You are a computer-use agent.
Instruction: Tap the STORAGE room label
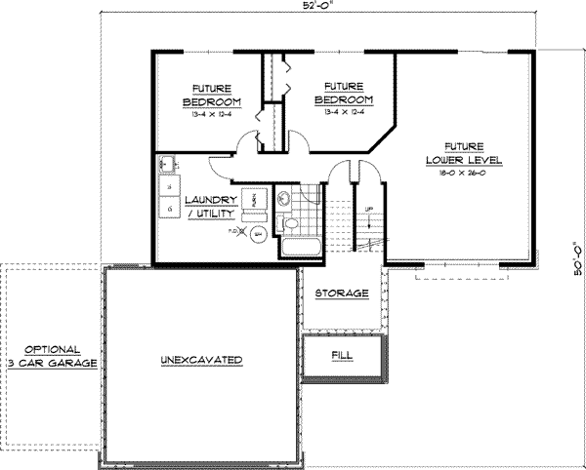pyautogui.click(x=342, y=293)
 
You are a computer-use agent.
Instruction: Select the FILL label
pyautogui.click(x=342, y=356)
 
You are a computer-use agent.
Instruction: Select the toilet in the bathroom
pyautogui.click(x=290, y=226)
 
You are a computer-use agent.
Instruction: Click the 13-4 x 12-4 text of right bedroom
pyautogui.click(x=343, y=111)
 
